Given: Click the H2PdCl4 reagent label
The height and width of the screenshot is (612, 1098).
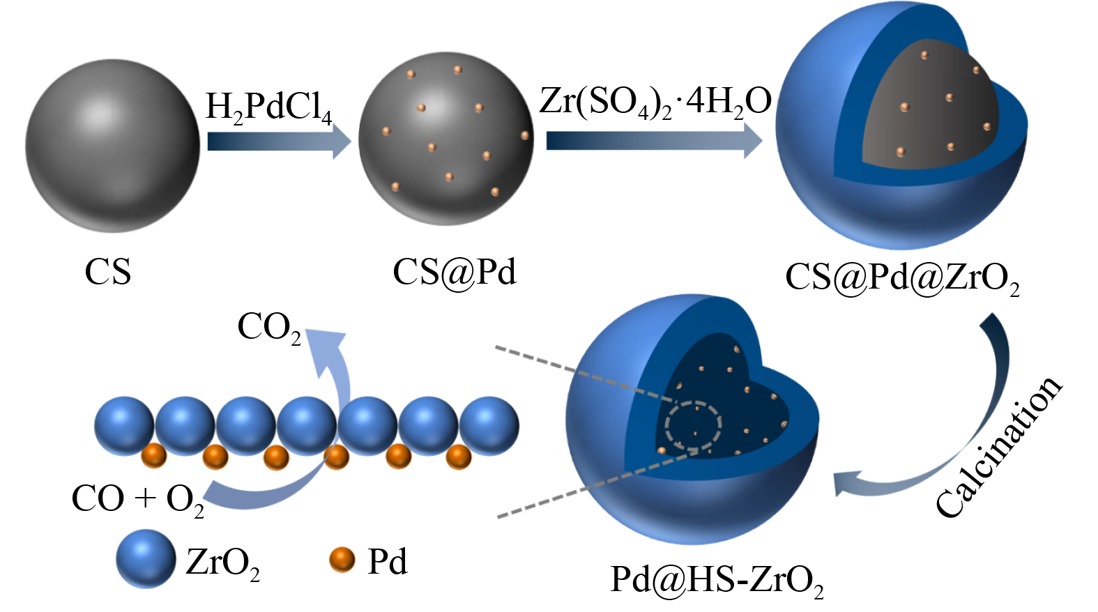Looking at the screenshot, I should point(268,107).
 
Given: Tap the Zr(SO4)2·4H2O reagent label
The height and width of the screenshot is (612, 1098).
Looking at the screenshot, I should point(655,102).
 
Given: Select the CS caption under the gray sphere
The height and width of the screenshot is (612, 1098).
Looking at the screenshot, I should point(108,272).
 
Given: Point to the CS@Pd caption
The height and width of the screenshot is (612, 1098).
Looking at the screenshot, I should point(454,272).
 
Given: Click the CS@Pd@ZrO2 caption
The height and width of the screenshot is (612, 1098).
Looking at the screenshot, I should point(902,277).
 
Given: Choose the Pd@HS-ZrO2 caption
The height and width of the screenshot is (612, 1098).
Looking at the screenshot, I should point(717,579).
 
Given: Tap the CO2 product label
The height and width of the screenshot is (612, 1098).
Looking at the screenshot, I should point(269,327).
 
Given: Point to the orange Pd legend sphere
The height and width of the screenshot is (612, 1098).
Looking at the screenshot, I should point(342,560).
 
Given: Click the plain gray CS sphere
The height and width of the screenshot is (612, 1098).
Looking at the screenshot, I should point(112,146).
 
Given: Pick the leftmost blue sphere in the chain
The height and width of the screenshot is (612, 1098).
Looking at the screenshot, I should point(124,426).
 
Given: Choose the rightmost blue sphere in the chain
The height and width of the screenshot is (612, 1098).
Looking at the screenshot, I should point(489,426).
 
